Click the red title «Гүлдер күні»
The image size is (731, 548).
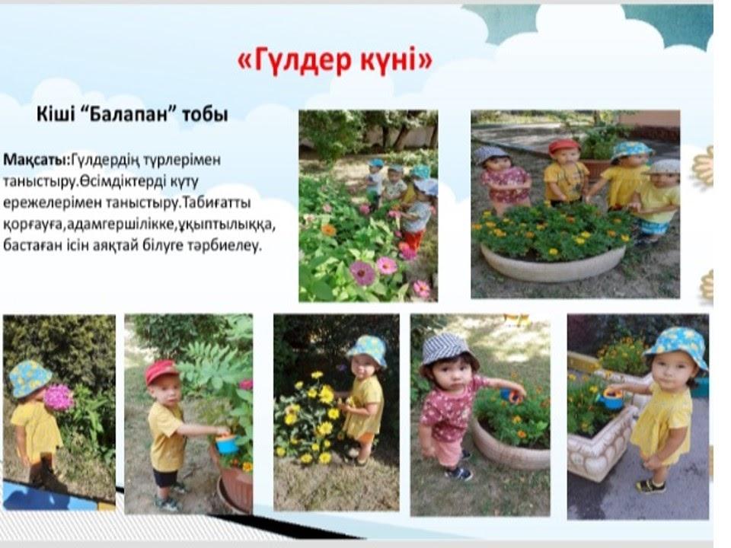click(x=335, y=60)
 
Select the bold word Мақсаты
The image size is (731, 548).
click(x=36, y=160)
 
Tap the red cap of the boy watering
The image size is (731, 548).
click(x=161, y=371)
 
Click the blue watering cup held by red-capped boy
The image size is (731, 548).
click(x=227, y=443)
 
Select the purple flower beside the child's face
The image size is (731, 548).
click(x=58, y=397)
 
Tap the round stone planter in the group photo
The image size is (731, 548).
click(x=553, y=263)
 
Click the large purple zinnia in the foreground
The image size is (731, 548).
click(x=362, y=272)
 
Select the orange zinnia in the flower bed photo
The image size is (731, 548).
click(x=329, y=230)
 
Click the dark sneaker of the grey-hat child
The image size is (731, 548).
click(x=458, y=474)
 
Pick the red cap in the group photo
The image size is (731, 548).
click(x=563, y=146)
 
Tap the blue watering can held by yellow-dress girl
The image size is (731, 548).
click(x=611, y=399)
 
